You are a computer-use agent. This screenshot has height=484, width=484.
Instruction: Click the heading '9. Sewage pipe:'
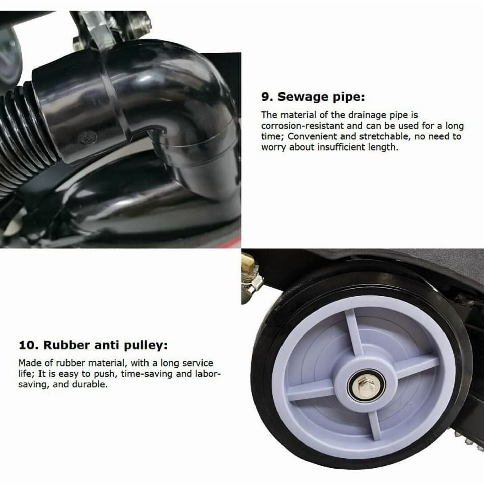(x=313, y=97)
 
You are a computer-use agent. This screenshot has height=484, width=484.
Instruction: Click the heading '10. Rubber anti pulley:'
(x=93, y=345)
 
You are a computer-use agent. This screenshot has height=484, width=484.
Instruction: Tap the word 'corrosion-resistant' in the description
(x=302, y=126)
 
